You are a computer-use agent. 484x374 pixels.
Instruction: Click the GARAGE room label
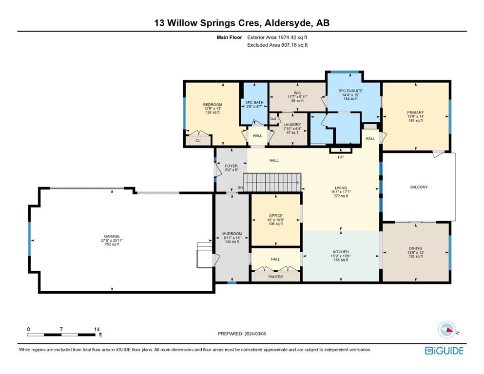coord(112,237)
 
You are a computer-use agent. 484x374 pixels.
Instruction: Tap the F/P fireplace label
coord(341,157)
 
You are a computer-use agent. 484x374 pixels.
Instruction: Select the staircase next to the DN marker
coord(272,183)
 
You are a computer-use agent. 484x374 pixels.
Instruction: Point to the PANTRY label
coord(276,277)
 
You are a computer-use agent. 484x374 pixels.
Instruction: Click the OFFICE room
coord(276,220)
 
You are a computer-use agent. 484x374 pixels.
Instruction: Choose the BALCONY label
coord(419,187)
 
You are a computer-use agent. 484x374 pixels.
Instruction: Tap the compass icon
coord(446,330)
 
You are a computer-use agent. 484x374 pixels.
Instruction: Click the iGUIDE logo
coord(444,351)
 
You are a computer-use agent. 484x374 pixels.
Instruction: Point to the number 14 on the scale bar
coord(97,329)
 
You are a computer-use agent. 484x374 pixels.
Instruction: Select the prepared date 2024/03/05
coord(255,334)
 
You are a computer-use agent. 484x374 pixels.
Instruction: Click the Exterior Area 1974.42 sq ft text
coord(277,37)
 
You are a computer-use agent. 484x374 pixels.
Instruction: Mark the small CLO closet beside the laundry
coord(273,119)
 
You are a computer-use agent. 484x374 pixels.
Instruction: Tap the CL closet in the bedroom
coord(198,141)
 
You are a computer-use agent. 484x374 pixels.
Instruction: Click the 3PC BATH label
coord(254,102)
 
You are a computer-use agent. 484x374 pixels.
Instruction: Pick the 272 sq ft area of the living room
coord(341,196)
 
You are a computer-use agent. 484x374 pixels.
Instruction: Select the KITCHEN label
coord(341,252)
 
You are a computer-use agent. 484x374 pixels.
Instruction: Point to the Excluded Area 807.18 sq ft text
coord(277,45)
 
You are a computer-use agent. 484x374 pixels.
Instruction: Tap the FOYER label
coord(231,166)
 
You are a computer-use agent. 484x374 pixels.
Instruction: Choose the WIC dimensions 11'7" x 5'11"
coord(297,97)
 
